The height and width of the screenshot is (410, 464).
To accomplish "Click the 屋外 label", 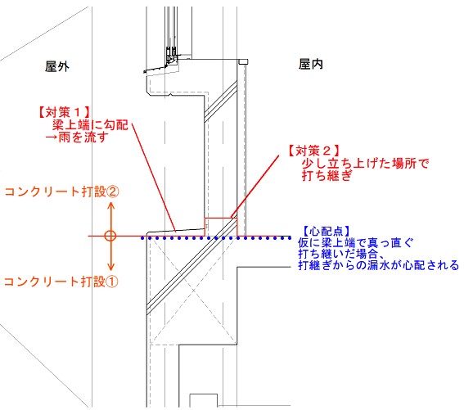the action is (57, 66).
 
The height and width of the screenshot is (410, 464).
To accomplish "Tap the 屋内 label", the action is (311, 64).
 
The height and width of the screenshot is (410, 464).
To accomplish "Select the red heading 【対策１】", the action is (64, 112).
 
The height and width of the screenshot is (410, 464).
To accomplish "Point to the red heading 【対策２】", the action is (313, 151).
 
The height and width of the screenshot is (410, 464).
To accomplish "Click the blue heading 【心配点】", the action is (326, 232).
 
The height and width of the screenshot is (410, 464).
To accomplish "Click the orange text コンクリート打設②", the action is (62, 191).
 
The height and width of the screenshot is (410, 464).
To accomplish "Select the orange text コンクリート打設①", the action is (61, 282).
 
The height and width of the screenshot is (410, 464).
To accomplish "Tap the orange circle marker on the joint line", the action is (110, 236).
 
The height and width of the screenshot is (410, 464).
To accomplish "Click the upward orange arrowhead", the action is (110, 206).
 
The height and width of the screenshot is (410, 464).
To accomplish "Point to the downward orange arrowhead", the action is (110, 266).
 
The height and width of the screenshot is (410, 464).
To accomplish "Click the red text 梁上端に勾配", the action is (90, 125).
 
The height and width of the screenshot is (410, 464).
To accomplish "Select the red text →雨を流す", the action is (77, 137).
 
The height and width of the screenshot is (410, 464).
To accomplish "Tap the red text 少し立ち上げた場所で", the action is (366, 163).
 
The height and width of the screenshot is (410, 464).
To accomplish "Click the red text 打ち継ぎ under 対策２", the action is (327, 176).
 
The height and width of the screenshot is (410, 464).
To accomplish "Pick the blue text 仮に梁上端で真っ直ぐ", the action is (355, 243).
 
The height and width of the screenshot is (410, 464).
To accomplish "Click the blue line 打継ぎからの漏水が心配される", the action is (378, 265).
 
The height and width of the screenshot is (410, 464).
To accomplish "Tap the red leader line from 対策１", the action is (154, 178).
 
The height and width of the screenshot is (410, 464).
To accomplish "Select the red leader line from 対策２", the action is (255, 187).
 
